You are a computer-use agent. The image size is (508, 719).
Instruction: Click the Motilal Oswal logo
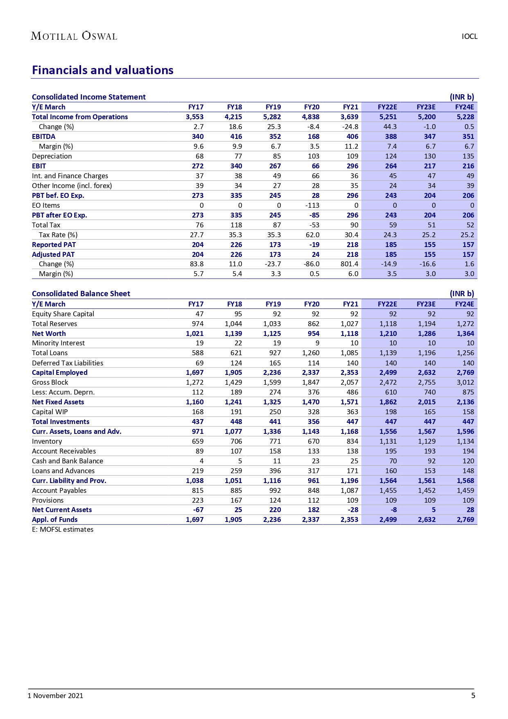(74, 36)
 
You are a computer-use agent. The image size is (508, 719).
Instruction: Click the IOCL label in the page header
(470, 36)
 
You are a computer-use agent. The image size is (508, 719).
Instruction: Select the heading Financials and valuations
(103, 70)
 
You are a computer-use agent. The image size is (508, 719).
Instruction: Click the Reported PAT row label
(54, 245)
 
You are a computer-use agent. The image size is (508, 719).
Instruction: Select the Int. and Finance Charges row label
(70, 176)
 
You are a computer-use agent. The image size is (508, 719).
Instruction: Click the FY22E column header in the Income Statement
(387, 107)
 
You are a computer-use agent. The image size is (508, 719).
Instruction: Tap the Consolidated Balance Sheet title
(81, 294)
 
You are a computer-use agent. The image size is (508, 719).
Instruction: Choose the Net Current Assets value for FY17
(198, 510)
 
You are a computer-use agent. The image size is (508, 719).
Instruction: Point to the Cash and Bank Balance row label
(68, 461)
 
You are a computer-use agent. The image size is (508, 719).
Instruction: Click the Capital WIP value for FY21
(352, 412)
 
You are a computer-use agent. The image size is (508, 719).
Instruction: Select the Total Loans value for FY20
(311, 353)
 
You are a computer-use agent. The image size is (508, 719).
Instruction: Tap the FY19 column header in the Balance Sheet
(273, 304)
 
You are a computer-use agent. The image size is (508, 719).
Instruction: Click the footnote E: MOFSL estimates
(63, 529)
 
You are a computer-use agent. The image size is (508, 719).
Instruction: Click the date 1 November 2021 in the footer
(55, 696)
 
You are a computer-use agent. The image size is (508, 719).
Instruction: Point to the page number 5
(473, 695)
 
